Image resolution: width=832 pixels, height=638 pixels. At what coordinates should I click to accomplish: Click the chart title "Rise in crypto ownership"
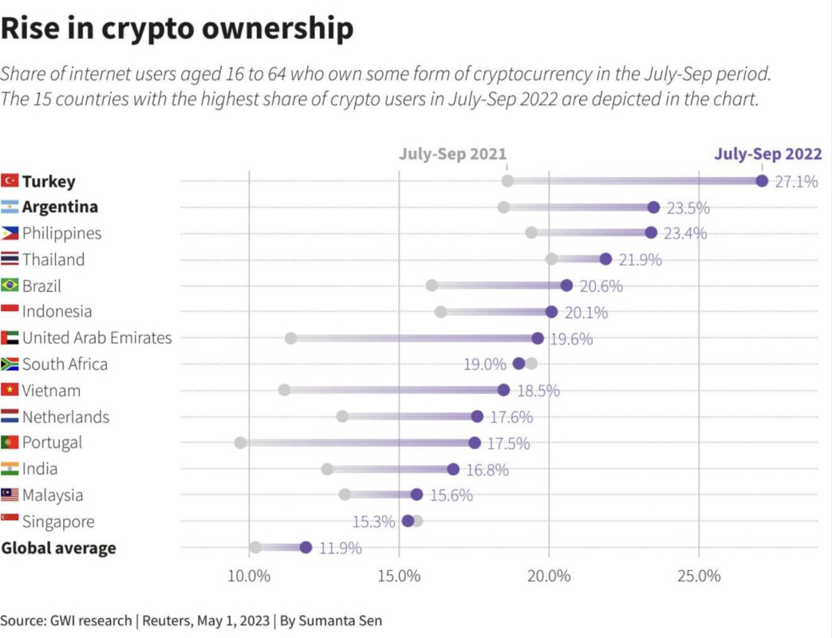[176, 29]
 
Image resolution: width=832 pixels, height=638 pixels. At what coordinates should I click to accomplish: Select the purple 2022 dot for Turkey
[762, 181]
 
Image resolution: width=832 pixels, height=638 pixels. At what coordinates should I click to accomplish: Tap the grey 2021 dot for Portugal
[240, 443]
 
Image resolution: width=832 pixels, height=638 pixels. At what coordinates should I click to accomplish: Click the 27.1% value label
[796, 182]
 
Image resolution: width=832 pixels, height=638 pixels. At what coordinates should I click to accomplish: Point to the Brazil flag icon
[10, 286]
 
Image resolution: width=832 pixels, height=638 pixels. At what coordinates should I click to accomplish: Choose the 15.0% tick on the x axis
[399, 576]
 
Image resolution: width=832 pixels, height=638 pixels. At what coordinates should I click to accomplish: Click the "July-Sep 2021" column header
[452, 154]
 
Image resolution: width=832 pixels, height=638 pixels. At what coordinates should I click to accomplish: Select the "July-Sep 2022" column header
[767, 154]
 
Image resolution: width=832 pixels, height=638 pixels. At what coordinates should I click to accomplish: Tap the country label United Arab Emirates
[97, 338]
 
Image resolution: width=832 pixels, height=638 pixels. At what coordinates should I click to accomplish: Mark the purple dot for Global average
[306, 547]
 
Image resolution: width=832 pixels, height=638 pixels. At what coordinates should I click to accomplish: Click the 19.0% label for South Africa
[485, 364]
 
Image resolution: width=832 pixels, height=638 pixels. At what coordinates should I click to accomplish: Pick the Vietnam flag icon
[10, 390]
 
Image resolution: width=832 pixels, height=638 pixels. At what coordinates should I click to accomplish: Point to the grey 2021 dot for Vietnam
[284, 390]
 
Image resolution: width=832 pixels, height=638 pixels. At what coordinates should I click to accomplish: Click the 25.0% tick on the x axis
[699, 576]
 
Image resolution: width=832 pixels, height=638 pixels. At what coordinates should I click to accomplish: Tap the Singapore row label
[58, 522]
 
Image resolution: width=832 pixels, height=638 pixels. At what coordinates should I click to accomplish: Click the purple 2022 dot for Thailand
[605, 259]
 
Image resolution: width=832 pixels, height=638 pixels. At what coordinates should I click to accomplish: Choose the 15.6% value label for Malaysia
[451, 495]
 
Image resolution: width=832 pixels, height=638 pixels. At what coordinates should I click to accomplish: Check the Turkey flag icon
[10, 181]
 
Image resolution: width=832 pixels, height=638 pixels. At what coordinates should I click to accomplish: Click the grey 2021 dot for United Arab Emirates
[290, 338]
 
